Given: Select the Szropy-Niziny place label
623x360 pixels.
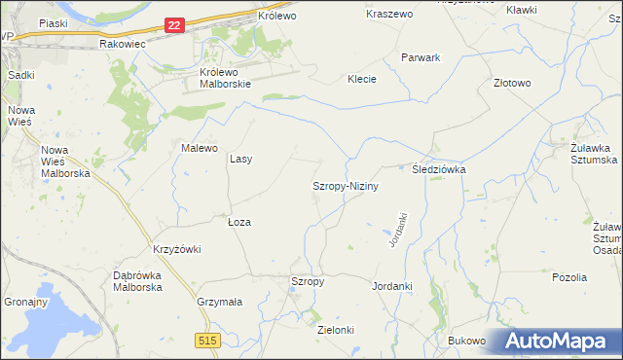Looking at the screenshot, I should tap(345, 185).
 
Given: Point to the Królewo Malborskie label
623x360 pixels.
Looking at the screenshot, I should tap(225, 78).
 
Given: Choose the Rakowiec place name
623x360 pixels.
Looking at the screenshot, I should tap(122, 44).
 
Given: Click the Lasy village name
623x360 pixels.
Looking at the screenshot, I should tap(240, 159).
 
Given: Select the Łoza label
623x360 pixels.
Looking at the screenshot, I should tap(239, 222).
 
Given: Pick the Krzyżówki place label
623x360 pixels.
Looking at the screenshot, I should tap(176, 249).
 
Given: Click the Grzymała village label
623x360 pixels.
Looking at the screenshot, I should tap(218, 302).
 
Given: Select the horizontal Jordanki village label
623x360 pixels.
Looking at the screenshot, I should tap(392, 287).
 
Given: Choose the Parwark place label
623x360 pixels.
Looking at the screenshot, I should tap(421, 57).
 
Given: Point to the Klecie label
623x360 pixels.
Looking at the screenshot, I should tap(362, 79).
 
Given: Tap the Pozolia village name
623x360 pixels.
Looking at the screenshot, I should tap(569, 277).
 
